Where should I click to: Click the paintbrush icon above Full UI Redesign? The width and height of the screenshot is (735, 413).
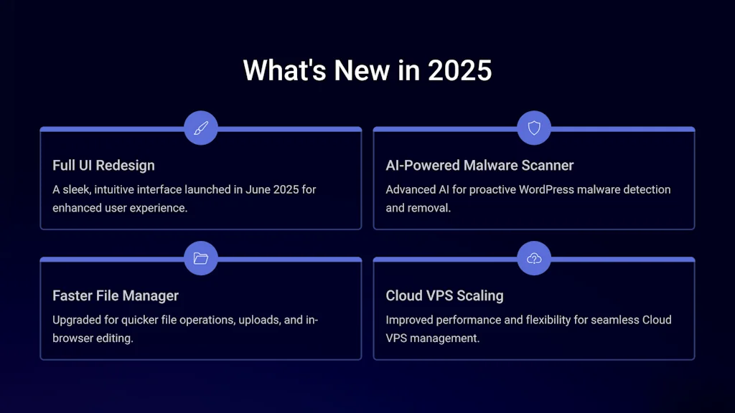click(201, 128)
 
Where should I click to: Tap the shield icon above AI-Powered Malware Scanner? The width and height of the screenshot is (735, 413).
click(534, 128)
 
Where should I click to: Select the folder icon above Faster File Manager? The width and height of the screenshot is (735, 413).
click(201, 258)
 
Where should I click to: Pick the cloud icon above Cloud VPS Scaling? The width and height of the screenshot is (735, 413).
click(534, 258)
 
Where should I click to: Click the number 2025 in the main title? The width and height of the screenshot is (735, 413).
click(459, 70)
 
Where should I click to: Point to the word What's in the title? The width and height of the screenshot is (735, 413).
click(284, 70)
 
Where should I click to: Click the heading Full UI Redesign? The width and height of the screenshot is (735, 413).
click(103, 166)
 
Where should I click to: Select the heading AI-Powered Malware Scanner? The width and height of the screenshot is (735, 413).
click(479, 166)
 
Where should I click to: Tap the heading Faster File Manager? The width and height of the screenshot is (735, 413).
click(116, 295)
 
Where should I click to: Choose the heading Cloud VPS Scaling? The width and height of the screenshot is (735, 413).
click(444, 295)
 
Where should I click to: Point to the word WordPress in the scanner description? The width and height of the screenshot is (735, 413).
click(546, 189)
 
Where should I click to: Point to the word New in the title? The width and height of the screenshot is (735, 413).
click(362, 70)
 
